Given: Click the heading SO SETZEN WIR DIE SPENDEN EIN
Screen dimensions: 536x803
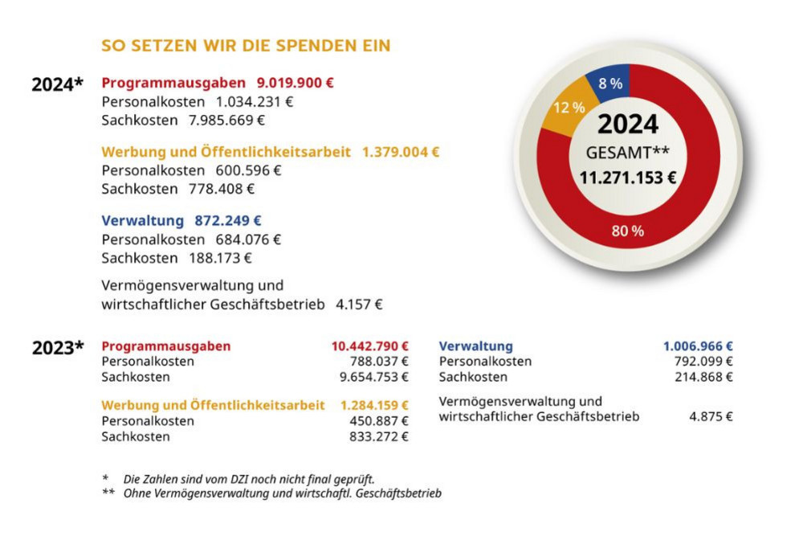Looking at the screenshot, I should pyautogui.click(x=246, y=46).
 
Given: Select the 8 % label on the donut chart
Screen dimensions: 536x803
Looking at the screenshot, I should pyautogui.click(x=610, y=83).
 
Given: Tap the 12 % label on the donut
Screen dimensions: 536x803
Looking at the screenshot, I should pyautogui.click(x=568, y=108).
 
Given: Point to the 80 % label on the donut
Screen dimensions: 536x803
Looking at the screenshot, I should pyautogui.click(x=628, y=231).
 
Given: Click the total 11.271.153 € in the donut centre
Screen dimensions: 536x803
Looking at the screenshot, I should pyautogui.click(x=628, y=178).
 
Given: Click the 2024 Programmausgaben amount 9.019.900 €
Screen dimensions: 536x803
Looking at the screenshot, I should pyautogui.click(x=296, y=83).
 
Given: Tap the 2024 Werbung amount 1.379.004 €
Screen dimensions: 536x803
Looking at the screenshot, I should pyautogui.click(x=401, y=151).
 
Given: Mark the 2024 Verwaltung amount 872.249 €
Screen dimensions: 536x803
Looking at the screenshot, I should pyautogui.click(x=228, y=220).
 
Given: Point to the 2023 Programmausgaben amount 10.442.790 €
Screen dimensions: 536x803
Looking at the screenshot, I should pyautogui.click(x=370, y=346).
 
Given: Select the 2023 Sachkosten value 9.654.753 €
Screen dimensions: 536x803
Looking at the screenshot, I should pyautogui.click(x=374, y=377).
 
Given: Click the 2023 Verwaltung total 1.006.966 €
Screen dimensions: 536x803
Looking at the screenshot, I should pyautogui.click(x=698, y=346).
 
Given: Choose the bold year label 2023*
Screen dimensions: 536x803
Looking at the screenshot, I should pyautogui.click(x=58, y=348).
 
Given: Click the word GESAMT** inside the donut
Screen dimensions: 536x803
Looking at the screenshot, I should pyautogui.click(x=627, y=152).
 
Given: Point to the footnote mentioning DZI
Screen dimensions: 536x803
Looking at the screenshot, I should pyautogui.click(x=248, y=478).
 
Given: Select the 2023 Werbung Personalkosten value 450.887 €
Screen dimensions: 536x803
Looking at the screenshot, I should pyautogui.click(x=378, y=421).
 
